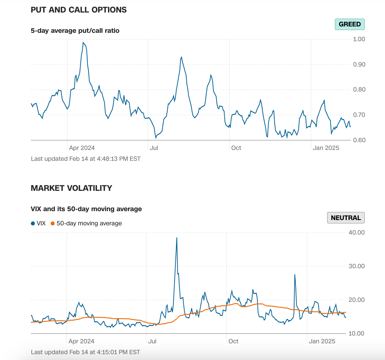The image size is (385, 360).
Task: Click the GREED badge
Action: tap(350, 24)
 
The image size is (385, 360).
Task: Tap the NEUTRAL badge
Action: tap(346, 218)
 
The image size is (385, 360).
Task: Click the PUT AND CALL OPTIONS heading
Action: tap(79, 10)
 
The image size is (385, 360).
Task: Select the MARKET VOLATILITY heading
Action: tap(71, 188)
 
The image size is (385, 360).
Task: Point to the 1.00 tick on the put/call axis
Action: tap(359, 39)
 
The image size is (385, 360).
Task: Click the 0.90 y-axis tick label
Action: tap(359, 65)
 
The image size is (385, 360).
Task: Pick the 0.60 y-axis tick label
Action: tap(359, 140)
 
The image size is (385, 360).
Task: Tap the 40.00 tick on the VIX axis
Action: tap(356, 233)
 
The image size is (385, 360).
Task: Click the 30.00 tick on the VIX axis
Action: tap(356, 266)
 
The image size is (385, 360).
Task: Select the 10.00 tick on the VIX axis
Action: tap(356, 334)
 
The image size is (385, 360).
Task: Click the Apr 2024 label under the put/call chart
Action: tap(82, 148)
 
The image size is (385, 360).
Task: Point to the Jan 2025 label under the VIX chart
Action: tap(322, 341)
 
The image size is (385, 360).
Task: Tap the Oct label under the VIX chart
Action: tap(233, 341)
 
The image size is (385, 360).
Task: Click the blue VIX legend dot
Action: tap(33, 223)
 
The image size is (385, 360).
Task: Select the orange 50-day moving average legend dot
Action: tap(53, 223)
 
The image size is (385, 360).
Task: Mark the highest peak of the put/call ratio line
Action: tap(83, 43)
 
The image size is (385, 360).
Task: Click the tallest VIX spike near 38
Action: tap(177, 238)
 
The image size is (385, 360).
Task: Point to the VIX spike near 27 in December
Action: tap(295, 275)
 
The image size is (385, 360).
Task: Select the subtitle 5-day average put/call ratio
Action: tap(75, 31)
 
